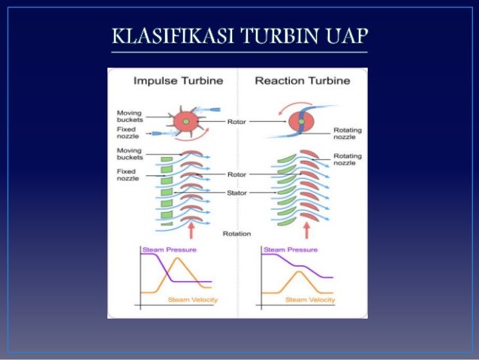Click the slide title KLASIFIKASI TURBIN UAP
click(239, 37)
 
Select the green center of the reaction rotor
click(300, 121)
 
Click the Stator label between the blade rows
click(236, 193)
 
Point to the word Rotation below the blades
click(236, 234)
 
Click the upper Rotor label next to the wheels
click(236, 121)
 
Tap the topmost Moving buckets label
click(130, 116)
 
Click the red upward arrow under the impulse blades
click(190, 225)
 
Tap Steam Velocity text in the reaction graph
click(310, 300)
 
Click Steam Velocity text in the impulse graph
click(189, 300)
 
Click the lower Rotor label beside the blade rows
click(236, 175)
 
